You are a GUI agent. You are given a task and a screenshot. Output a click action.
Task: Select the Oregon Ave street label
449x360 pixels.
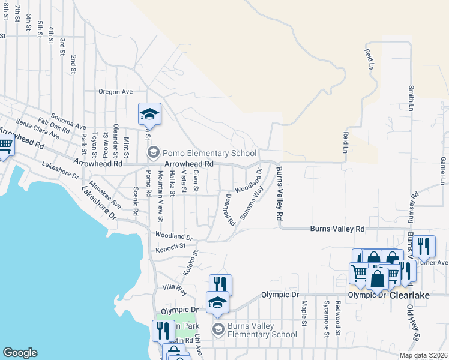point(115,92)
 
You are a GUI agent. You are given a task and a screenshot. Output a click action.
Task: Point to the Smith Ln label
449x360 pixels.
point(412,98)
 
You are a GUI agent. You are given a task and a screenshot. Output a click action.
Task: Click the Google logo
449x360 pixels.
point(20,353)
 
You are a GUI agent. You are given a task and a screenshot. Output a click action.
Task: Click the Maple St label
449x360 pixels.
point(304,314)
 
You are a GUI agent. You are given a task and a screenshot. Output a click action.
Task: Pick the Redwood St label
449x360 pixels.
point(339,317)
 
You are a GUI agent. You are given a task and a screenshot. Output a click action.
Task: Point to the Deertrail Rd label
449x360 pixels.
point(229,209)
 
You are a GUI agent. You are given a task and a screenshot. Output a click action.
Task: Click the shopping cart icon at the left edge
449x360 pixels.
point(5,146)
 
